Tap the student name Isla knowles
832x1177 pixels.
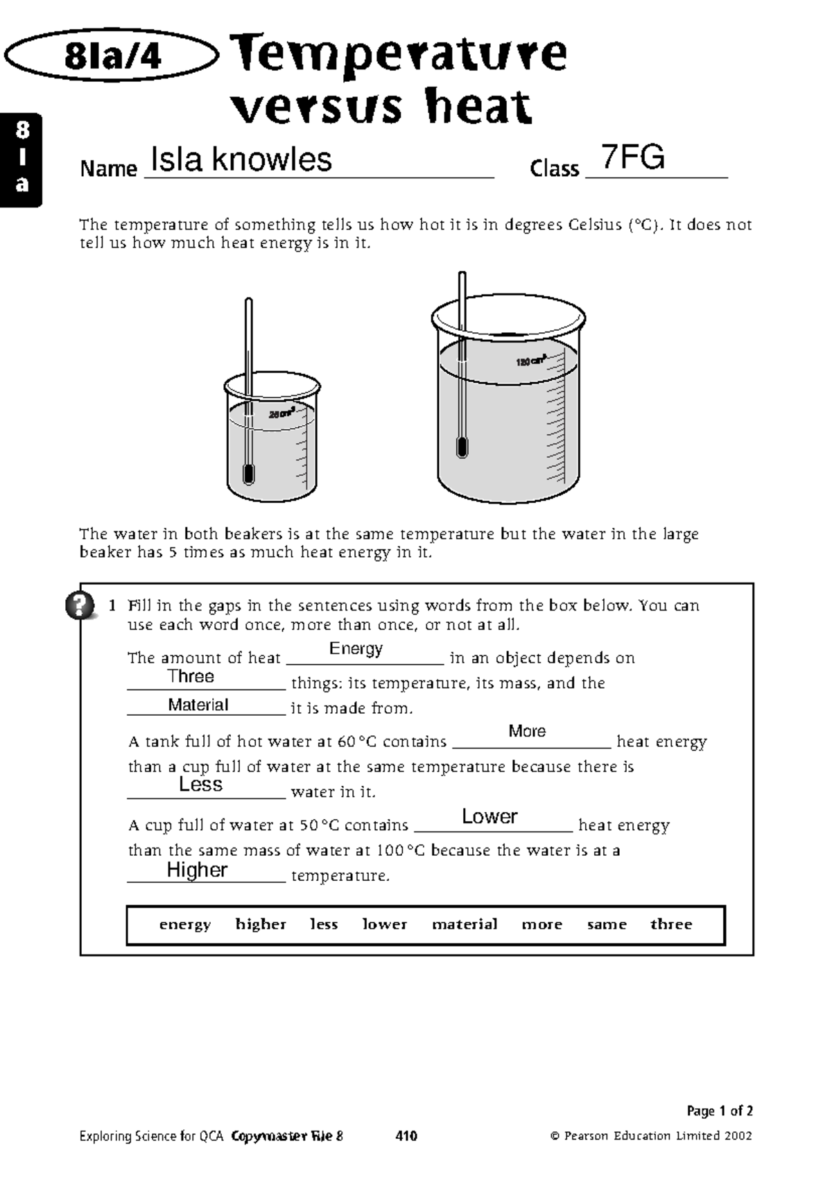[x=241, y=160]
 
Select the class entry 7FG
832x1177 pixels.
[x=632, y=157]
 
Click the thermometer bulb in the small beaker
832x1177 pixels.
[x=248, y=474]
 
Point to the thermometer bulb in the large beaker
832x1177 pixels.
[x=462, y=447]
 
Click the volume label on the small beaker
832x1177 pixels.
[x=281, y=414]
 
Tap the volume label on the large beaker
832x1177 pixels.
[x=531, y=361]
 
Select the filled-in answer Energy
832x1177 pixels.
[x=356, y=648]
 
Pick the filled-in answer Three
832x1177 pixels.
[x=191, y=676]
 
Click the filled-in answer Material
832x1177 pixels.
[x=198, y=705]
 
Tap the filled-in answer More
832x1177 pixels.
[x=527, y=731]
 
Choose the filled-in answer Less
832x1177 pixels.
[x=200, y=784]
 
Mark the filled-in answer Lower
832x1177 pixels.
[x=489, y=816]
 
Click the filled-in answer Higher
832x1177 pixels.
[x=197, y=870]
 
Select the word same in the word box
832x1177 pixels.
[x=607, y=925]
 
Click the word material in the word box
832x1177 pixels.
[x=465, y=925]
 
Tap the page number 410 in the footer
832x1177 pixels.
[x=406, y=1136]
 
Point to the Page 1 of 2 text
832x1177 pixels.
[x=719, y=1110]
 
